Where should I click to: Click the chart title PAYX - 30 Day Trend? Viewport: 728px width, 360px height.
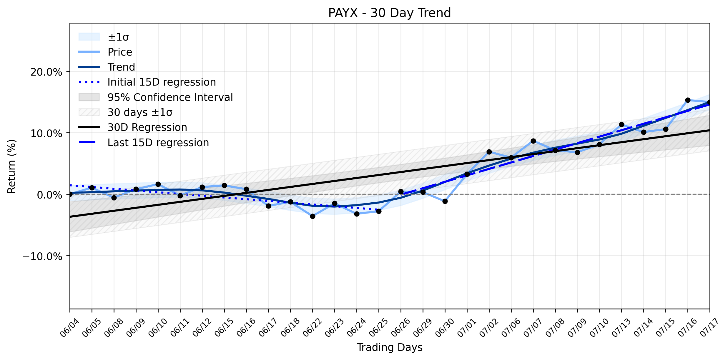click(x=390, y=13)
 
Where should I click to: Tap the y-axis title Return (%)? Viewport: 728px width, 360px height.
click(x=11, y=166)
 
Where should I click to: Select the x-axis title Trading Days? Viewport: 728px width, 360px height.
click(x=390, y=347)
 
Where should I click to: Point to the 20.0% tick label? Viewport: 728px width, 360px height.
click(x=46, y=72)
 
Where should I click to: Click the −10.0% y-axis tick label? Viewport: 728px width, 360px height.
click(x=42, y=256)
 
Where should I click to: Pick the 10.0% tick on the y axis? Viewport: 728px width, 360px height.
click(x=46, y=133)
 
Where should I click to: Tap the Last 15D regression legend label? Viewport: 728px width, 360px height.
click(x=158, y=143)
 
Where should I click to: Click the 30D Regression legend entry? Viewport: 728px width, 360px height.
click(x=147, y=127)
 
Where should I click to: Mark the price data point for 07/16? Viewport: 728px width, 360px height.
click(x=688, y=100)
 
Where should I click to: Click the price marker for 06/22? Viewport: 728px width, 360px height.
click(x=313, y=216)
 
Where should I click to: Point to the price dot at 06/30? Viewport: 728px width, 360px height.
click(x=445, y=201)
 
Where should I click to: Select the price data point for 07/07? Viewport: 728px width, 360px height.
click(x=533, y=141)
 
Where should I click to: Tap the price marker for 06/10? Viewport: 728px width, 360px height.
click(x=158, y=184)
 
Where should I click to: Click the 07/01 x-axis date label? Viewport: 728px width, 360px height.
click(x=466, y=327)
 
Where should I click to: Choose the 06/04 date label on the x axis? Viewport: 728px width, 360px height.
click(x=69, y=327)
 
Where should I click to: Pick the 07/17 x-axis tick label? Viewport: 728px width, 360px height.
click(x=709, y=327)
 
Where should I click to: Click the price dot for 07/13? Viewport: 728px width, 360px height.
click(x=621, y=125)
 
